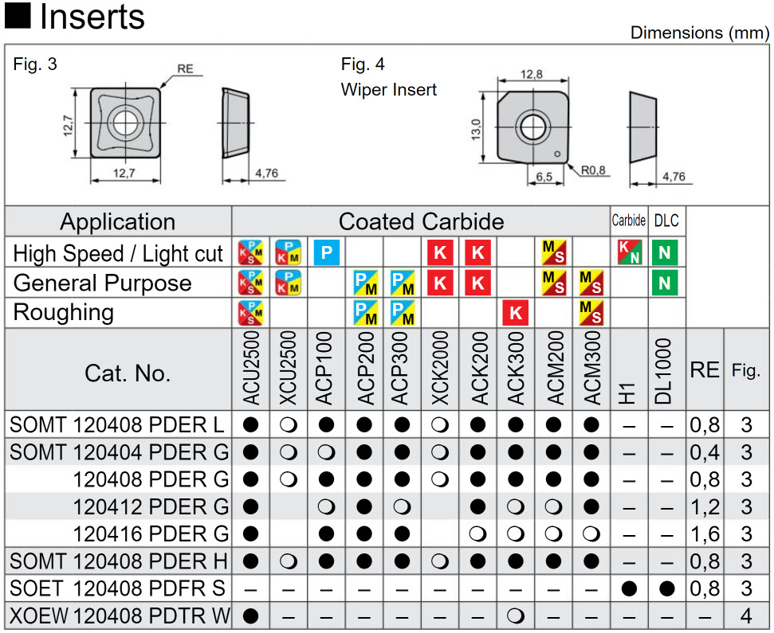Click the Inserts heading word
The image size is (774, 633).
[x=92, y=17]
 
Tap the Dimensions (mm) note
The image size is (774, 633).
[x=699, y=33]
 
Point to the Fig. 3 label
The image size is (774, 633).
[x=35, y=64]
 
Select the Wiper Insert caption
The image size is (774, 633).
[x=389, y=89]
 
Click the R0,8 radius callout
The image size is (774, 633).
[x=593, y=170]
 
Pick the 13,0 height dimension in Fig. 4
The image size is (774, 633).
[x=476, y=127]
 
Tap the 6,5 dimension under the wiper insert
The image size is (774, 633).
[x=544, y=176]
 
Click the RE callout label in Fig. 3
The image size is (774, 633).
[x=185, y=69]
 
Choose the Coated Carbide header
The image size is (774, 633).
[x=421, y=221]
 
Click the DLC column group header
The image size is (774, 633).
[x=666, y=221]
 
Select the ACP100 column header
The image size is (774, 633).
[x=325, y=369]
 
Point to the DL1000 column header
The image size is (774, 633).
[x=666, y=370]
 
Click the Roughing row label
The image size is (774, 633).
[x=64, y=312]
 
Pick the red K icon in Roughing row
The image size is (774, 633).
[x=516, y=313]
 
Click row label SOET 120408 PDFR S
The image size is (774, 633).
[x=118, y=588]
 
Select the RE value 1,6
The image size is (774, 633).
[x=705, y=533]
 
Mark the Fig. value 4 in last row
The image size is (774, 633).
[x=746, y=615]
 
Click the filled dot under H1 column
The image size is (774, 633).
[x=629, y=589]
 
